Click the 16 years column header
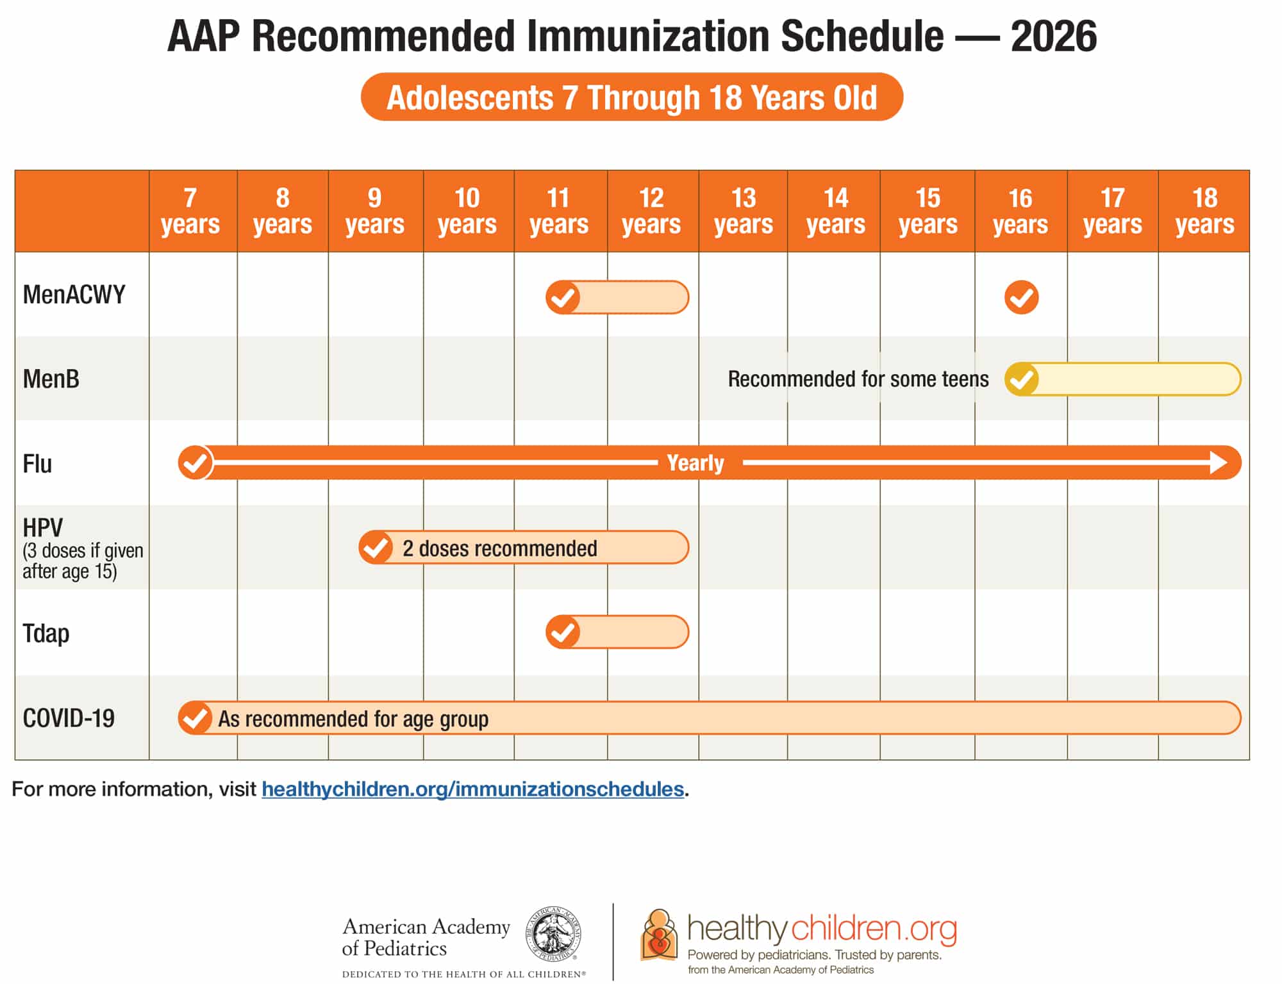pos(1020,211)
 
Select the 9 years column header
pos(375,211)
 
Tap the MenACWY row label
pos(74,295)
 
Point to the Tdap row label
pos(46,633)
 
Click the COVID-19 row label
pos(69,718)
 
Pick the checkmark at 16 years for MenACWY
pos(1021,297)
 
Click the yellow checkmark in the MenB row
pos(1021,379)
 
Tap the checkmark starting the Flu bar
pos(195,463)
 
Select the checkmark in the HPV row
pos(376,548)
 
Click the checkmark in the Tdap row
pos(563,632)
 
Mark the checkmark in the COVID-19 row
pos(195,718)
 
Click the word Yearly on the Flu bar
pos(695,463)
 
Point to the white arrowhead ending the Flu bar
pos(1218,463)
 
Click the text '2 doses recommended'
pos(500,548)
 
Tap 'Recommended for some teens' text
pos(858,379)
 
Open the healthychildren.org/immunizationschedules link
pos(472,789)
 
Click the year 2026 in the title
pos(1054,37)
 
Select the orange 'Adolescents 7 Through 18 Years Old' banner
pos(632,97)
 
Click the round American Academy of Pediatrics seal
pos(553,934)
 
